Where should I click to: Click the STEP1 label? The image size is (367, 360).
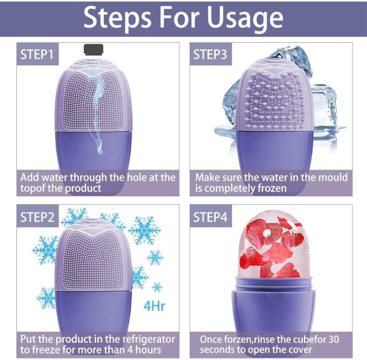[x=37, y=54]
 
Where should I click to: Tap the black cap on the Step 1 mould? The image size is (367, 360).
[x=95, y=50]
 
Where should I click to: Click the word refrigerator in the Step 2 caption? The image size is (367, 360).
[x=144, y=339]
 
